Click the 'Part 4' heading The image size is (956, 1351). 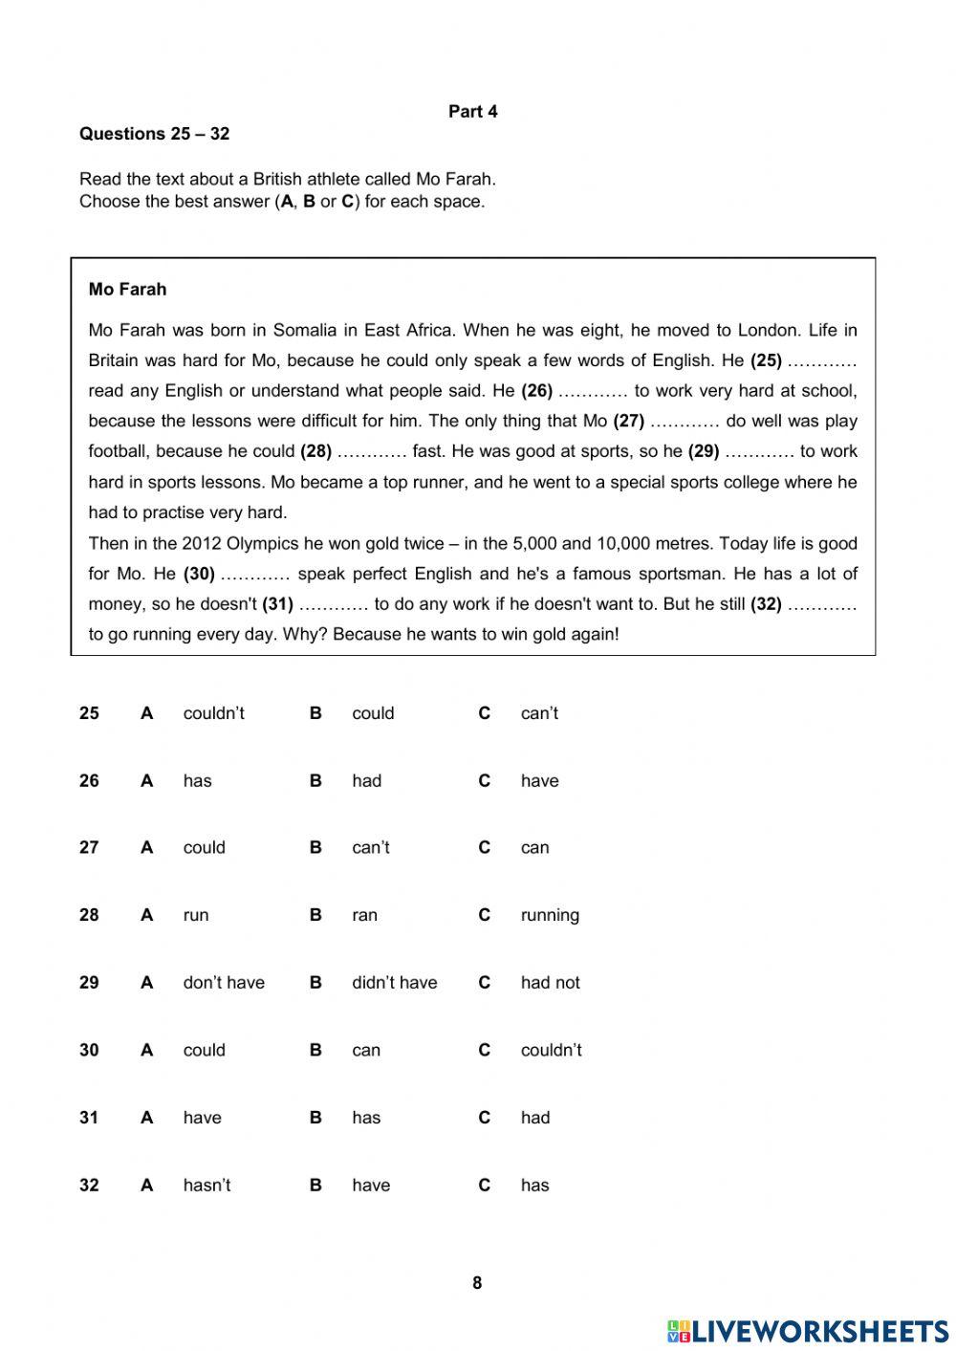(x=473, y=112)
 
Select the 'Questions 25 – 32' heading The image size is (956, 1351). (x=154, y=134)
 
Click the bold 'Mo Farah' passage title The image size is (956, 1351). (x=127, y=289)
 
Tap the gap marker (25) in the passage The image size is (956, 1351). (x=766, y=360)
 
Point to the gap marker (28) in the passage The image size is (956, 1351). (x=315, y=451)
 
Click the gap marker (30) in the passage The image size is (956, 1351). (x=199, y=574)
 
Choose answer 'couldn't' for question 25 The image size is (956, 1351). (x=213, y=713)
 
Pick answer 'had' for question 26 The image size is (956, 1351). (x=366, y=781)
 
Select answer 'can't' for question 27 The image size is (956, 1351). (x=370, y=848)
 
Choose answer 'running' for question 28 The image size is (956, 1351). (x=550, y=915)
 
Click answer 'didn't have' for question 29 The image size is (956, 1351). (x=394, y=983)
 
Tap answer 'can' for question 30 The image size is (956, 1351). (x=365, y=1050)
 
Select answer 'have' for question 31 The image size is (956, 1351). (x=202, y=1118)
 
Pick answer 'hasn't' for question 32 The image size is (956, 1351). (x=206, y=1186)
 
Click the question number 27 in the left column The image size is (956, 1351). (x=89, y=848)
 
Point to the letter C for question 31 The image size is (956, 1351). (x=484, y=1118)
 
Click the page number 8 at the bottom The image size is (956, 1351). (x=477, y=1283)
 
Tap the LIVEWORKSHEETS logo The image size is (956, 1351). (x=808, y=1331)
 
